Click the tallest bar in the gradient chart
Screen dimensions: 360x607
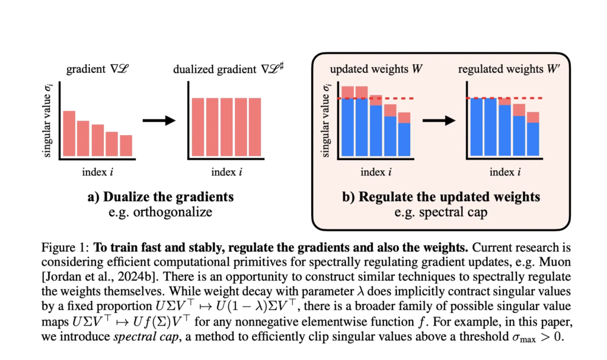(x=69, y=133)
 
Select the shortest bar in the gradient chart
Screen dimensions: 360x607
(x=126, y=145)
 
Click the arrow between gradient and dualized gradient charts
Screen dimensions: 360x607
(x=159, y=120)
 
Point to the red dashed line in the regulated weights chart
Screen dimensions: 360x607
(x=504, y=98)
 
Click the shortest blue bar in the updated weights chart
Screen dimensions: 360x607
(x=404, y=140)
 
